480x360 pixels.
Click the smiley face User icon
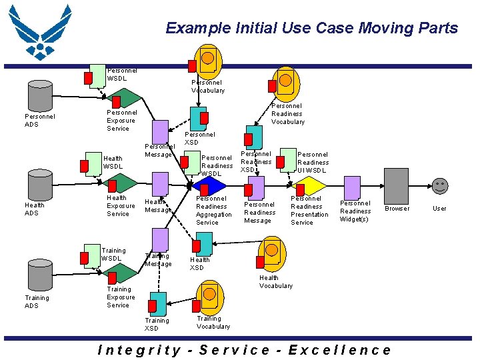pyautogui.click(x=439, y=186)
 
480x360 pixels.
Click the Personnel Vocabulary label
pyautogui.click(x=208, y=87)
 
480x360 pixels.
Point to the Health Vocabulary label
pyautogui.click(x=275, y=282)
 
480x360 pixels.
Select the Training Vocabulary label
pyautogui.click(x=213, y=323)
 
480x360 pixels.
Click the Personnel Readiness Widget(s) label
pyautogui.click(x=355, y=211)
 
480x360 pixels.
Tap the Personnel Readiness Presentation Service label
pyautogui.click(x=309, y=211)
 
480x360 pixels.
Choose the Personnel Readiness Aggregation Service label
pyautogui.click(x=213, y=211)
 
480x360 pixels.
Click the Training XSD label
pyautogui.click(x=157, y=325)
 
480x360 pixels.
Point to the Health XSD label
pyautogui.click(x=199, y=264)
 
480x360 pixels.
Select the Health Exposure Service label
pyautogui.click(x=118, y=206)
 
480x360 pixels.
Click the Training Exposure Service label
pyautogui.click(x=118, y=297)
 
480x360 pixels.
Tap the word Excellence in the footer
pyautogui.click(x=339, y=350)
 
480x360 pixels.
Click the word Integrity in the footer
pyautogui.click(x=139, y=350)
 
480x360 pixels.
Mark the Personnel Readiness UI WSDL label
pyautogui.click(x=313, y=162)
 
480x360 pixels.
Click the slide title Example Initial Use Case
pyautogui.click(x=311, y=28)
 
